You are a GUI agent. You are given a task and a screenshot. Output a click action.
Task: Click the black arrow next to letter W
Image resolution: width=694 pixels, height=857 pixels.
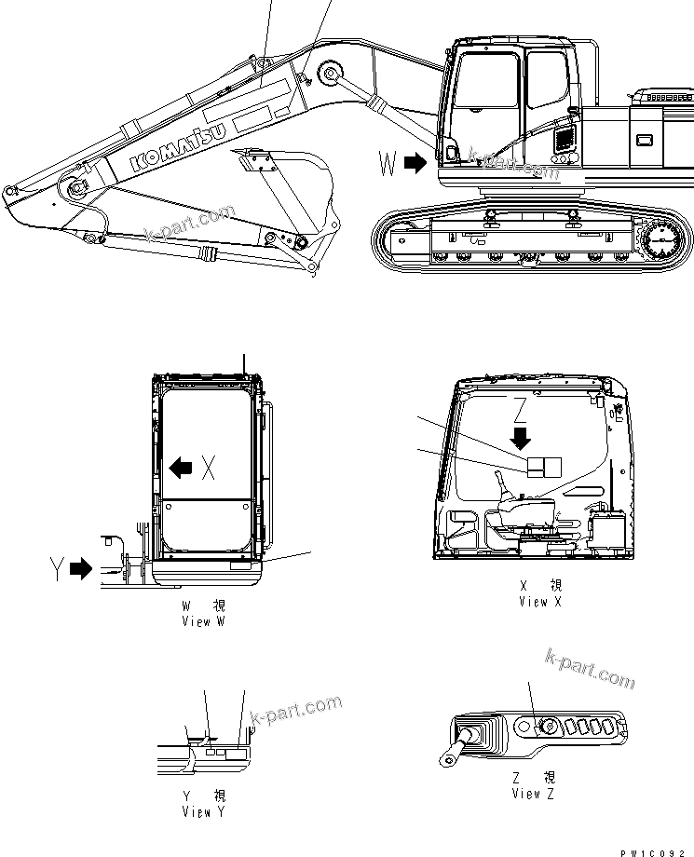[415, 164]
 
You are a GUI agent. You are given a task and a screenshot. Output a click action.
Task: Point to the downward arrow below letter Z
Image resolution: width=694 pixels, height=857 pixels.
[521, 436]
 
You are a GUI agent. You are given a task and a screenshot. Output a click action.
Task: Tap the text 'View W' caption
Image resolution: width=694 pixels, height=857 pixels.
[204, 621]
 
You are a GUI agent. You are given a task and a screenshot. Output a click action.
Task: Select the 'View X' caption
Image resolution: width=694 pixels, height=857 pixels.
[540, 602]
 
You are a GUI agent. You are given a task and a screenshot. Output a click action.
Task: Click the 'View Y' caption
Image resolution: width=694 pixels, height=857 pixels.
[204, 812]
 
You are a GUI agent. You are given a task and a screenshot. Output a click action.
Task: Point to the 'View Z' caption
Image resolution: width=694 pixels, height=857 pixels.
[534, 794]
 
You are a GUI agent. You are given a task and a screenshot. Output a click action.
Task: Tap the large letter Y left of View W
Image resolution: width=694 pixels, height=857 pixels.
[57, 567]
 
